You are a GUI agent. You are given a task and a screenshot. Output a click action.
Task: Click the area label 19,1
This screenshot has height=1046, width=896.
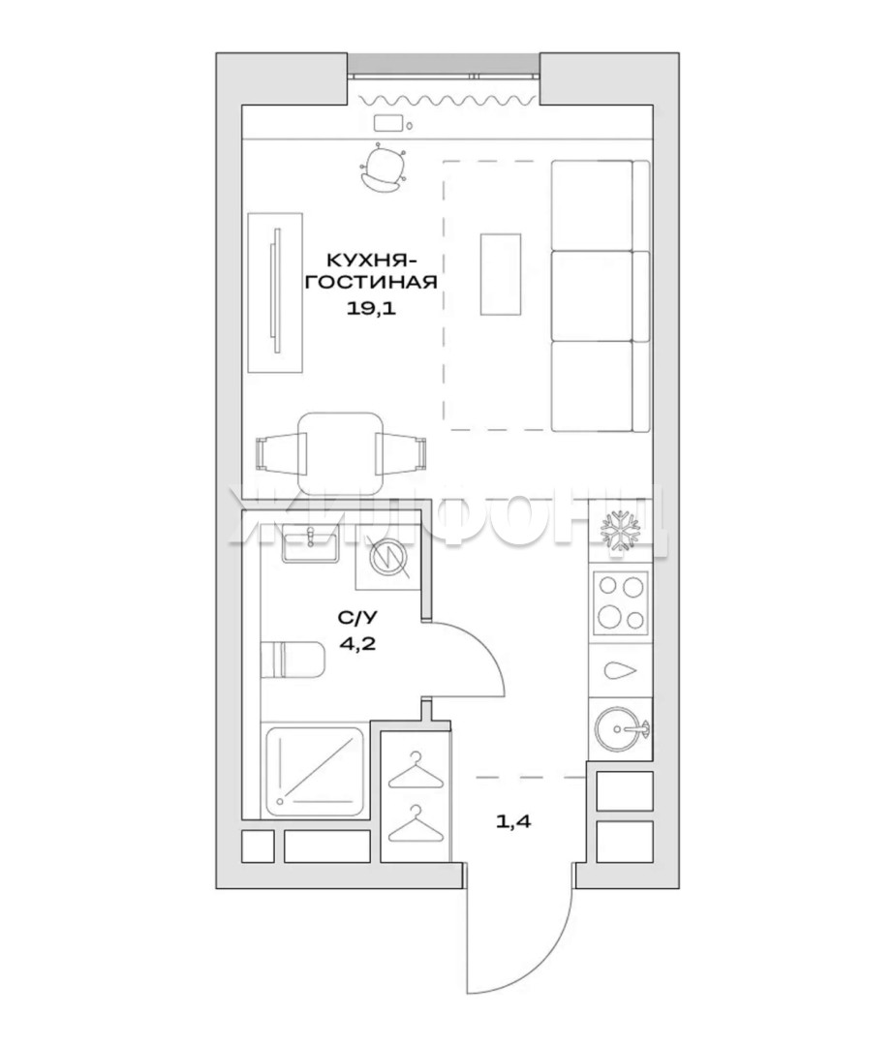[371, 308]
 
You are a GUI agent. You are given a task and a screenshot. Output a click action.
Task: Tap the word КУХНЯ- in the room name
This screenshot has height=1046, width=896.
[371, 259]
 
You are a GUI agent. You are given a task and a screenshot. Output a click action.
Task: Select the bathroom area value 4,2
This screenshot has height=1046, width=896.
[353, 643]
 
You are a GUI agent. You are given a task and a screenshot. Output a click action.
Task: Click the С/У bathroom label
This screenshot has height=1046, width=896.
[356, 618]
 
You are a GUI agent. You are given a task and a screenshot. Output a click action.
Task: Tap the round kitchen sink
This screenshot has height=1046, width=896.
[621, 729]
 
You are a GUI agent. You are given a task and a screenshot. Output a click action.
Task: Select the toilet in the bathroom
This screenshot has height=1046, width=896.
[292, 660]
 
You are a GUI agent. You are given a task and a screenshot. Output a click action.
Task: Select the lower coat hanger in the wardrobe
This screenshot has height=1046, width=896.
[415, 824]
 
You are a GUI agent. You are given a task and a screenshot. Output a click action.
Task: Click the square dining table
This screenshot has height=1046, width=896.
[340, 453]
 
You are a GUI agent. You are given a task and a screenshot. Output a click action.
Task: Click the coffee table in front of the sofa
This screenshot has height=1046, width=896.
[501, 273]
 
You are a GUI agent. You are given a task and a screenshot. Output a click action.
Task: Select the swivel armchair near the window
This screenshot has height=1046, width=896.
[383, 169]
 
